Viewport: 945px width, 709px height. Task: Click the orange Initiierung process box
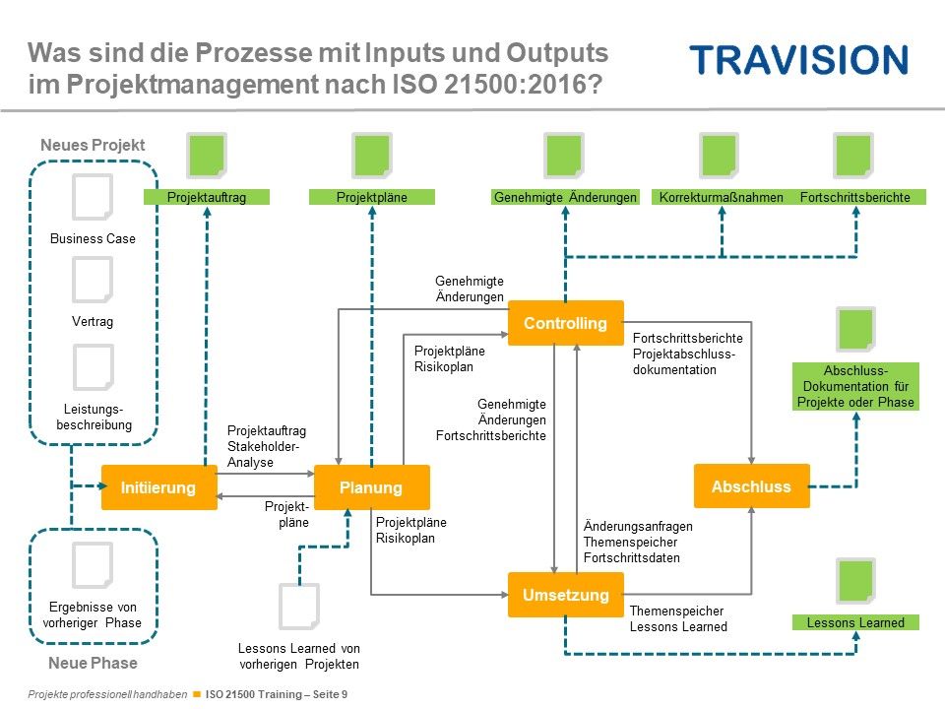pos(159,487)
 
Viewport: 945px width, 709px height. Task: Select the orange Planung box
pos(372,487)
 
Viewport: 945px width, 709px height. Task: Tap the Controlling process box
pos(565,323)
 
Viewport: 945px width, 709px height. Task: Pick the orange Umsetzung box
pos(565,595)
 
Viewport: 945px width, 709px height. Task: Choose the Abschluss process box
pos(751,485)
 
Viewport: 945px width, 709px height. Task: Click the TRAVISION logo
pos(798,59)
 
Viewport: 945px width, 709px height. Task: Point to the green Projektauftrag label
pos(207,197)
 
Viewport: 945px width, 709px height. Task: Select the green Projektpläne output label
pos(372,197)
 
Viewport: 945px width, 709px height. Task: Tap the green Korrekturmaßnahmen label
pos(721,197)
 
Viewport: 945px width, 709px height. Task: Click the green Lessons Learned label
pos(855,622)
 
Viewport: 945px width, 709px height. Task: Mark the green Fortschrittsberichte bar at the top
pos(855,197)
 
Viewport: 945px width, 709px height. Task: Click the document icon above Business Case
pos(93,197)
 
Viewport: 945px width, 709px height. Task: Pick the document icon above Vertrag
pos(93,280)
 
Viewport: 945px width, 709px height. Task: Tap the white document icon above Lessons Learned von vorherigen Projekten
pos(299,606)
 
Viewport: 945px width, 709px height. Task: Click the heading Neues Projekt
pos(93,145)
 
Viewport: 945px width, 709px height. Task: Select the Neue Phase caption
pos(93,663)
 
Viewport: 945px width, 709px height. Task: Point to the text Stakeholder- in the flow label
pos(263,446)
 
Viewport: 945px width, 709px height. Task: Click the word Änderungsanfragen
pos(638,526)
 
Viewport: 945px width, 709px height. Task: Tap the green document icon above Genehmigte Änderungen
pos(564,156)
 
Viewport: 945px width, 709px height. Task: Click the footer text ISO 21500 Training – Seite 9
pos(277,694)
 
